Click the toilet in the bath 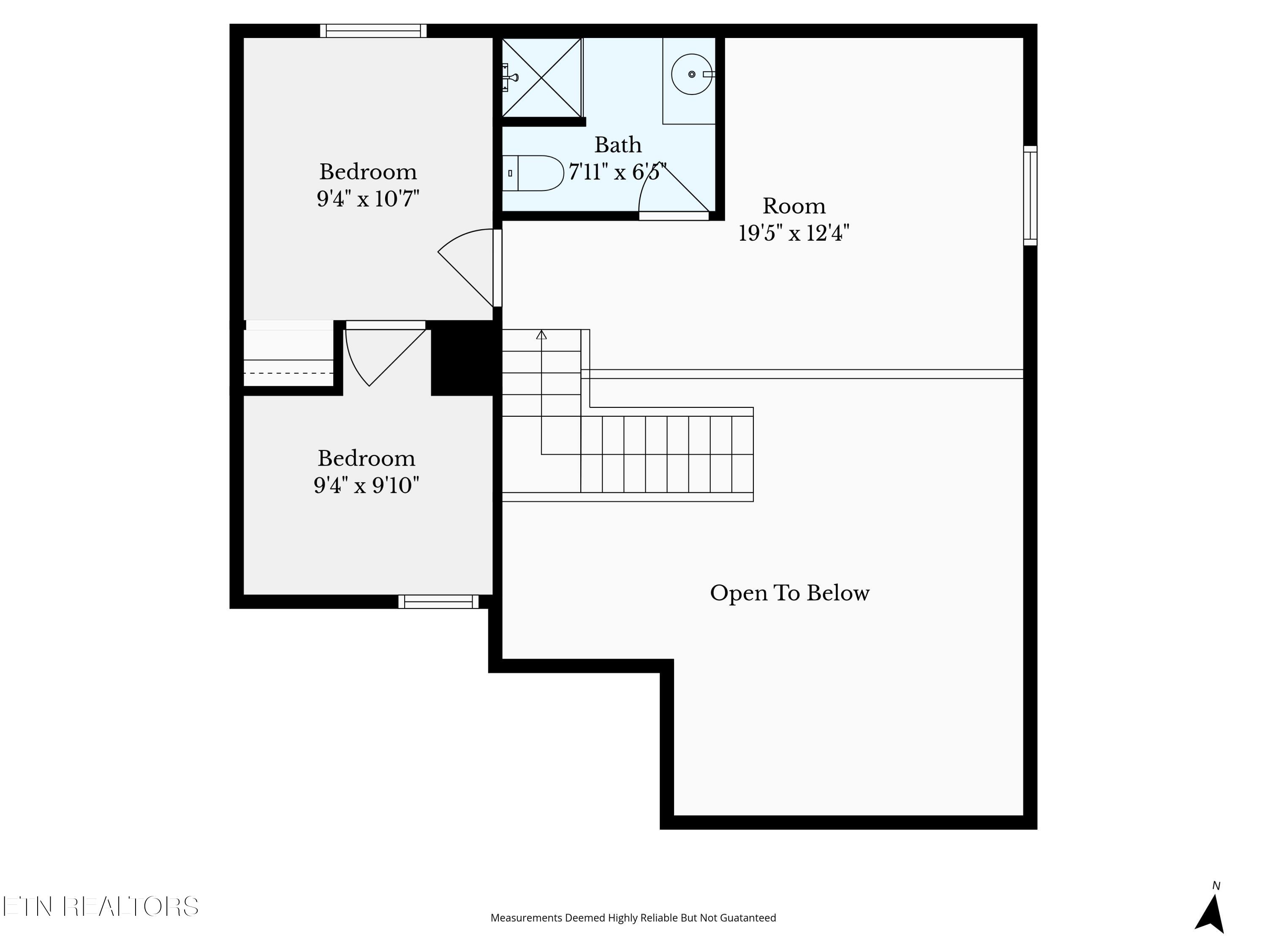tap(533, 173)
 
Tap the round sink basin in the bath tap(692, 74)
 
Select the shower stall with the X tap(542, 78)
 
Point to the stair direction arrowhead tap(541, 334)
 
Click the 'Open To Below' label tap(790, 593)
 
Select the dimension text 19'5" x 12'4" tap(794, 233)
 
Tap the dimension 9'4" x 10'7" tap(368, 199)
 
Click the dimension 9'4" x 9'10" tap(367, 486)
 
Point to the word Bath tap(617, 145)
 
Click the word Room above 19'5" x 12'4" tap(794, 206)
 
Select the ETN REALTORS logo tap(101, 907)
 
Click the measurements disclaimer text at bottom tap(633, 918)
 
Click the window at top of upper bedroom tap(373, 31)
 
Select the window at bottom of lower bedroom tap(439, 602)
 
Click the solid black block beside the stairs tap(466, 358)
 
